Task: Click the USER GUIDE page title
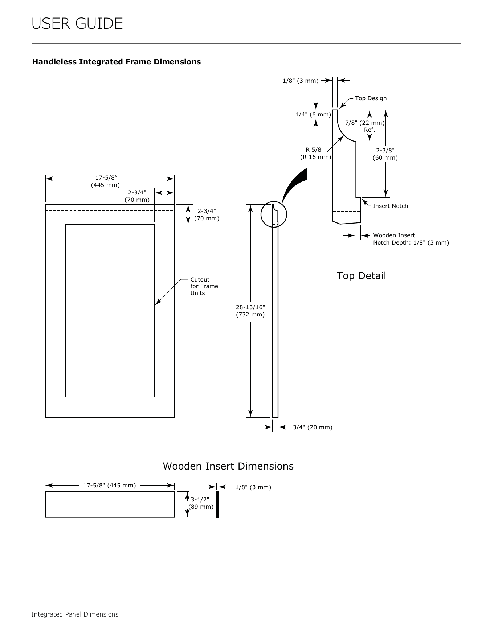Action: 77,24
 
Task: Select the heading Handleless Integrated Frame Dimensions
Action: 117,62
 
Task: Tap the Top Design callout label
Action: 371,98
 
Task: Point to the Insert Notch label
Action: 390,206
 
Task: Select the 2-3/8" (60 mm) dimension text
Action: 385,154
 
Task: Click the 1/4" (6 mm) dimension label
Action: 313,115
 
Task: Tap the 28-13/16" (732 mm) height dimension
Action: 250,311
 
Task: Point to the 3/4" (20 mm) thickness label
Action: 313,427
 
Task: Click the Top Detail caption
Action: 361,276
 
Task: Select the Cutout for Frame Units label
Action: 204,286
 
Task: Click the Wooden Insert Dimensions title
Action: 228,466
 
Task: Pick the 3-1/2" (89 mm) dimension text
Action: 201,503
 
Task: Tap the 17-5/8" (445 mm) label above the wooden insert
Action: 109,485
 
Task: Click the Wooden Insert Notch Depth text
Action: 411,239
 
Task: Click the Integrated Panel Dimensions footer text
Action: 75,614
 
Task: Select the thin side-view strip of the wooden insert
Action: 217,504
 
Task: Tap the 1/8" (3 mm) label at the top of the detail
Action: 301,81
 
